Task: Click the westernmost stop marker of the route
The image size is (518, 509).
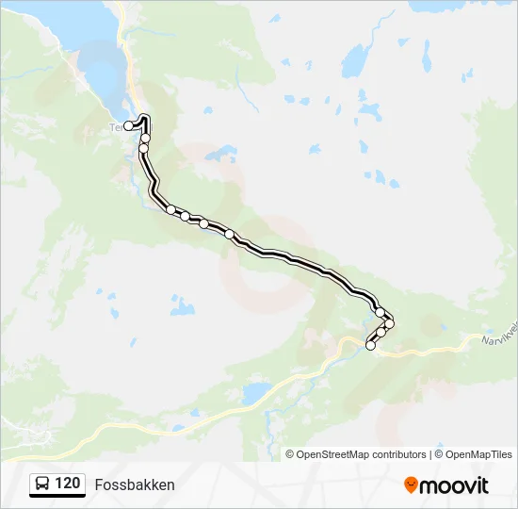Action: (128, 125)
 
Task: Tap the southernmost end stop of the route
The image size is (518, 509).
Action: (370, 346)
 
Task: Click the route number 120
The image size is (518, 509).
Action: (67, 484)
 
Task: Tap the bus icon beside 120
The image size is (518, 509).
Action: (42, 484)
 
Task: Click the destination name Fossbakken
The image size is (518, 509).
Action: (135, 484)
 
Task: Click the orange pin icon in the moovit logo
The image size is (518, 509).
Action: (411, 484)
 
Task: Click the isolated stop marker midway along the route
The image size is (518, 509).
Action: (229, 234)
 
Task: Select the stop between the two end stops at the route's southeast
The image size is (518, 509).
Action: (381, 333)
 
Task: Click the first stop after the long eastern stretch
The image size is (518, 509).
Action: (380, 312)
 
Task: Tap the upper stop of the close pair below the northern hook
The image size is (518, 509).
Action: (146, 139)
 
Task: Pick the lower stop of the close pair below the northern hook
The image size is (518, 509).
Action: (143, 148)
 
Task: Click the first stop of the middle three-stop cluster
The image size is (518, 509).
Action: (171, 209)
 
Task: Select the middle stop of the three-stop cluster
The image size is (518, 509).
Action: (186, 216)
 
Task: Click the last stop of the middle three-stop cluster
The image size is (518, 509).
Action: (203, 223)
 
